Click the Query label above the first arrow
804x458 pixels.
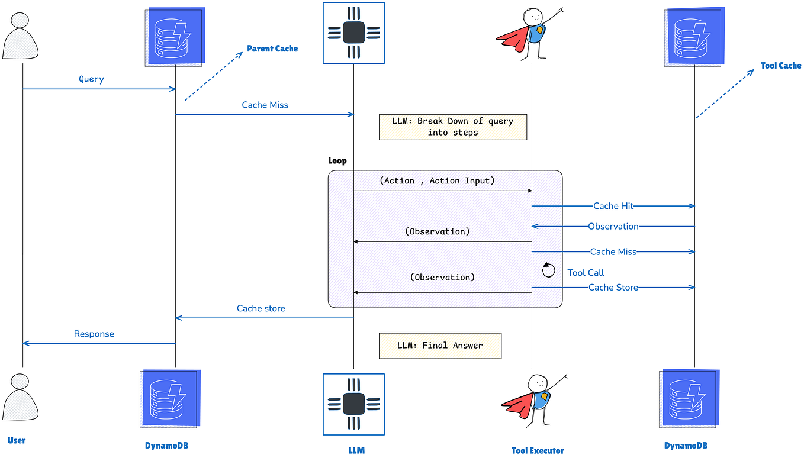[x=91, y=79]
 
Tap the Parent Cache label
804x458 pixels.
[x=272, y=49]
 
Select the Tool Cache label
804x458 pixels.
[x=780, y=66]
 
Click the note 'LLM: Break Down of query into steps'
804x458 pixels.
[x=453, y=127]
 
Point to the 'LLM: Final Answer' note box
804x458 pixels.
[x=440, y=346]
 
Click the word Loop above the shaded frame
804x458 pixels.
[x=337, y=161]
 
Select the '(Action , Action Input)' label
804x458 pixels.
[x=437, y=181]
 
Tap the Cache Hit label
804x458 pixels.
[x=613, y=206]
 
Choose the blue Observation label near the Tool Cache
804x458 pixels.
[x=613, y=226]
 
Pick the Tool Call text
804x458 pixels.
[x=586, y=273]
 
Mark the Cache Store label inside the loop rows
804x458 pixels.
[x=613, y=288]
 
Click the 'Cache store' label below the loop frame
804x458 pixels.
[x=261, y=308]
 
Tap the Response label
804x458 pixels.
[x=94, y=334]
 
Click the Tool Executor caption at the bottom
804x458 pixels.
[x=538, y=450]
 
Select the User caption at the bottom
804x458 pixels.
[x=17, y=440]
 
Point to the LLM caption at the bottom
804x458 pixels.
[x=356, y=450]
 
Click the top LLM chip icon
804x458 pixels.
[x=353, y=33]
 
